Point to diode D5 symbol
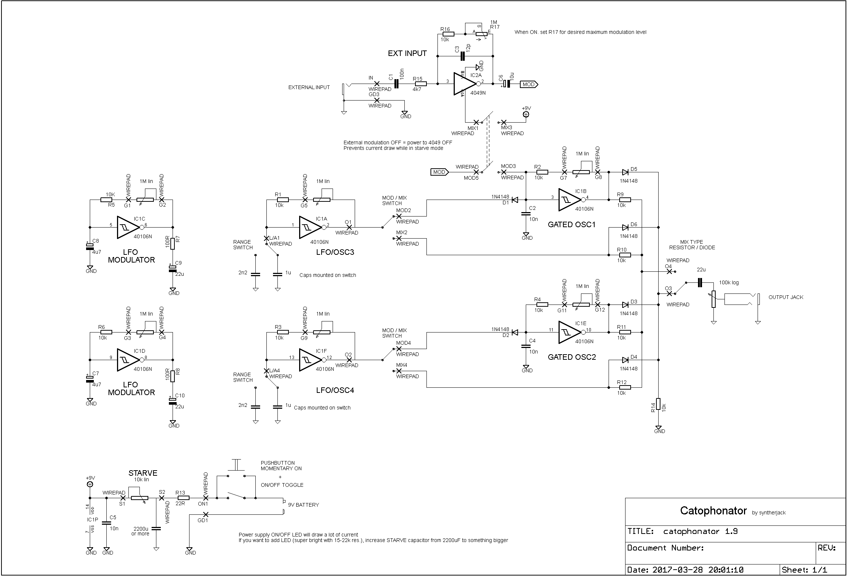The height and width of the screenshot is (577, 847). pyautogui.click(x=625, y=172)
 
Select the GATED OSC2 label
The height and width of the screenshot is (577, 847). pyautogui.click(x=572, y=357)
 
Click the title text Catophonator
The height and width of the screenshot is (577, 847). pyautogui.click(x=713, y=511)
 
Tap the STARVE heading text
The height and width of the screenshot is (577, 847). pyautogui.click(x=143, y=473)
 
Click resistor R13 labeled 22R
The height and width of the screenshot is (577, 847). pyautogui.click(x=182, y=498)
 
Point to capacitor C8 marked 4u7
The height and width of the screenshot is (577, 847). pyautogui.click(x=90, y=246)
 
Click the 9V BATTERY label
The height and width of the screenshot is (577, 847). pyautogui.click(x=303, y=505)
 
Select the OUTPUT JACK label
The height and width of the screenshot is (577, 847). pyautogui.click(x=786, y=297)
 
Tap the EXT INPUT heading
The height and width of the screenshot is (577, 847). pyautogui.click(x=407, y=53)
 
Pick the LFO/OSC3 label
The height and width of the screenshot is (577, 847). pyautogui.click(x=335, y=252)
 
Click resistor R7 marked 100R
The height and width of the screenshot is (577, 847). pyautogui.click(x=172, y=243)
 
